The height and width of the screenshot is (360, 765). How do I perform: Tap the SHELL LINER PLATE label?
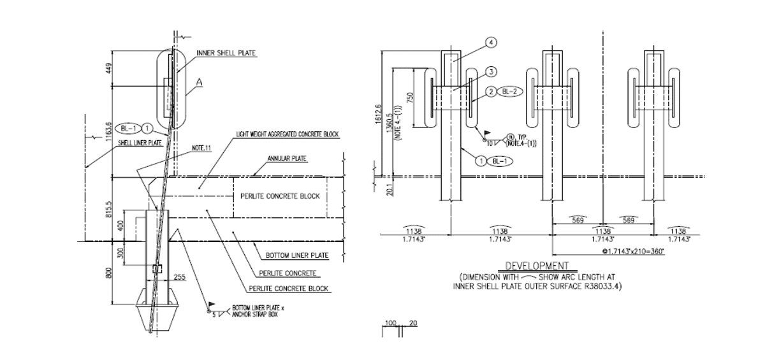coord(140,143)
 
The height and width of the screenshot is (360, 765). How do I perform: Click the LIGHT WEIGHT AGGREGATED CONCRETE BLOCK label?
coord(288,134)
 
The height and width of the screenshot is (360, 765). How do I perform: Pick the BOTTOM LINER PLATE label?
coord(296,256)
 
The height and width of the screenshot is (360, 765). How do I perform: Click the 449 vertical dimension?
coord(108,68)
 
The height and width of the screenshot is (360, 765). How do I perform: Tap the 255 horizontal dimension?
coord(179,277)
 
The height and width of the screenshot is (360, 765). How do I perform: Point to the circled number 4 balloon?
coord(491,43)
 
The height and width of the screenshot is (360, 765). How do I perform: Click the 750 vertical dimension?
coord(411,97)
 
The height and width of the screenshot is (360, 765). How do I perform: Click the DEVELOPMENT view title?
coord(537,266)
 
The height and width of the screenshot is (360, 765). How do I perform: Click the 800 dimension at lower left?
coord(108,273)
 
